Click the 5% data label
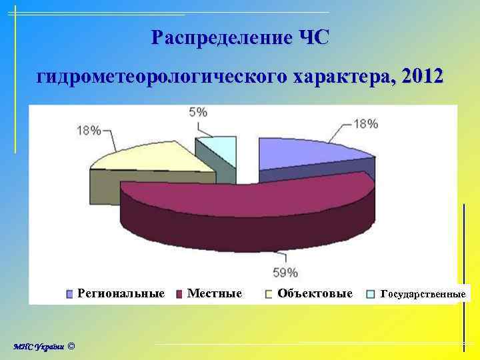197,113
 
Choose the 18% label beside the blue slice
365,123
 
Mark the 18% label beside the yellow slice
89,131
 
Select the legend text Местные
214,293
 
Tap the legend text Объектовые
315,293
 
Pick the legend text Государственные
423,293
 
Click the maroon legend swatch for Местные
179,293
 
